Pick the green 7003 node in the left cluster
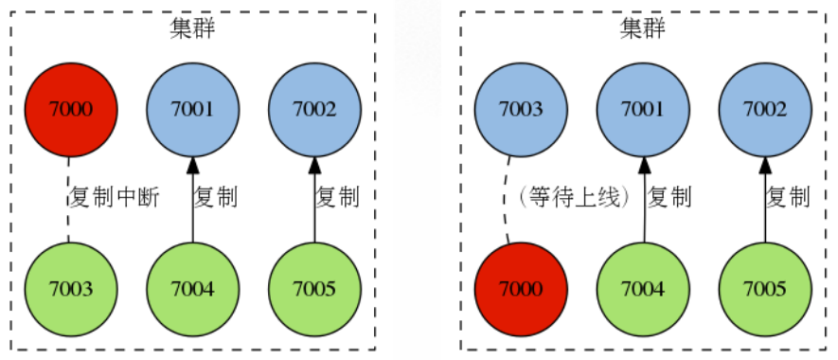70,288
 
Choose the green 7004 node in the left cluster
192,288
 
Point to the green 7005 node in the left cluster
314,288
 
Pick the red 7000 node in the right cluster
520,288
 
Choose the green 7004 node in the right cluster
642,288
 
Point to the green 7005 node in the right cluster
764,288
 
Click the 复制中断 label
113,198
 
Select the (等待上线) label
574,198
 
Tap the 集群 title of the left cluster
192,28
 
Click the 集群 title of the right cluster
642,28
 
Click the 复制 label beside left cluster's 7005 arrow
337,198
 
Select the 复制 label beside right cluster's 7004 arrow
669,198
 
